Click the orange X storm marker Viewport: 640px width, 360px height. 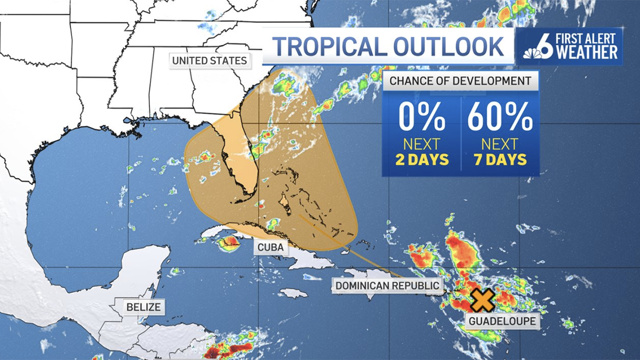tap(482, 300)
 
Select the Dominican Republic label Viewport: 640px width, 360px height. tap(387, 286)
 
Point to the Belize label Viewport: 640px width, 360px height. tap(143, 307)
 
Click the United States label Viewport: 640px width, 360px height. tap(210, 60)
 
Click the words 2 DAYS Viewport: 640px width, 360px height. tap(421, 159)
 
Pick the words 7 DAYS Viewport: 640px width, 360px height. tap(500, 159)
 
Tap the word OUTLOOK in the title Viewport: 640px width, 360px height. tap(448, 46)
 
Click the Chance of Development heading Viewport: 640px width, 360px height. tap(460, 81)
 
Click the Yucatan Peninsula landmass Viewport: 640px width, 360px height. tap(141, 267)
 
